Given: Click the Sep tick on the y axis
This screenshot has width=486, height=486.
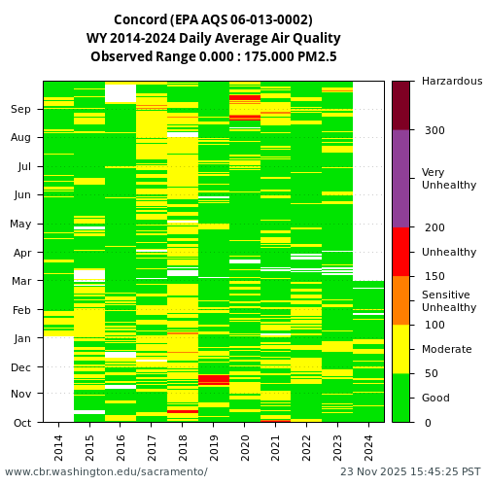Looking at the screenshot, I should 21,110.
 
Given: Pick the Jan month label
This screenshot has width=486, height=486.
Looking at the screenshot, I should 21,338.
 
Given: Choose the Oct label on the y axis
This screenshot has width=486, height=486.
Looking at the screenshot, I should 21,423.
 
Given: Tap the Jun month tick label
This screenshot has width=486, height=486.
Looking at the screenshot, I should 21,195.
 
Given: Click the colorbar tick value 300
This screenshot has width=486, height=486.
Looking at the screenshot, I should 434,130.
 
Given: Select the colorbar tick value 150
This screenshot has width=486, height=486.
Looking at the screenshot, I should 434,276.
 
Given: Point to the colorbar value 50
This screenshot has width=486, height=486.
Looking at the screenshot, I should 431,373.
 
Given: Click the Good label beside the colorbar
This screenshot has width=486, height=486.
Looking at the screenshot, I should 435,398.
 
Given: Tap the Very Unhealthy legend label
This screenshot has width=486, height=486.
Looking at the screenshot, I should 449,179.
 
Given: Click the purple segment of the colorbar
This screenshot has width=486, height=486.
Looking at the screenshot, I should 400,179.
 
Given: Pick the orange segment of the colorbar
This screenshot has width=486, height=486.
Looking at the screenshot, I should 400,300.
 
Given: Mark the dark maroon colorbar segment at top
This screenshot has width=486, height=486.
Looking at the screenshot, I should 400,105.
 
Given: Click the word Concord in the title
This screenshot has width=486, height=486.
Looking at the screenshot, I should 141,19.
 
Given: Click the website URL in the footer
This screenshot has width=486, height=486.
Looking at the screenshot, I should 106,471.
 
